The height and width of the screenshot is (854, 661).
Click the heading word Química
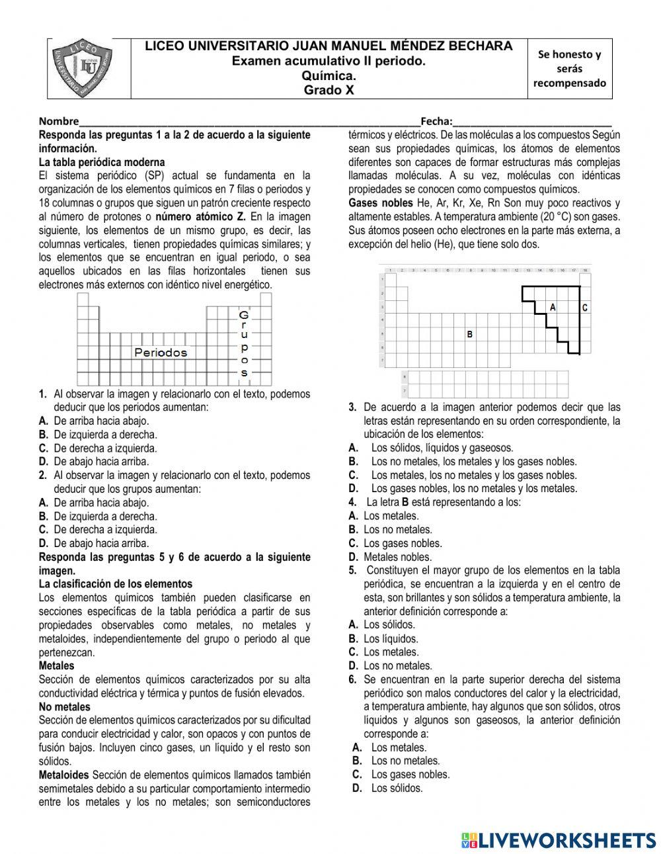[x=329, y=76]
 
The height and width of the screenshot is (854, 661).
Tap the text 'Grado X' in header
[x=329, y=91]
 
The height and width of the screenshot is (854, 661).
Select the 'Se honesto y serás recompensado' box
[x=569, y=69]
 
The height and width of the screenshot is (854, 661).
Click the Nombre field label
[x=58, y=121]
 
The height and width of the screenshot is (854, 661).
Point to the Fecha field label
[x=436, y=121]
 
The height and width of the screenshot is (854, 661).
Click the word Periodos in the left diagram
[x=161, y=353]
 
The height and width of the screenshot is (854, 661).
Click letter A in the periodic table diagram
[x=553, y=308]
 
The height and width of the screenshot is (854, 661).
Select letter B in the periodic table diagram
[x=470, y=335]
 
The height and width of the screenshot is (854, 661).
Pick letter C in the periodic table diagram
[x=585, y=308]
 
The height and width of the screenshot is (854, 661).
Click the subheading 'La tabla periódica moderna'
[x=102, y=162]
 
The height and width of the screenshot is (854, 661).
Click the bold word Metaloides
[x=63, y=775]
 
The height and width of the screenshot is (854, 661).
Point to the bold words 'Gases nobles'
[x=380, y=203]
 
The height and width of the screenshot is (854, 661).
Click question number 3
[x=353, y=407]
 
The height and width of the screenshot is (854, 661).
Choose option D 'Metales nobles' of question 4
[x=390, y=557]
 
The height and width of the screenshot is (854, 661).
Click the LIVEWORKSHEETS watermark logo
[x=559, y=840]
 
